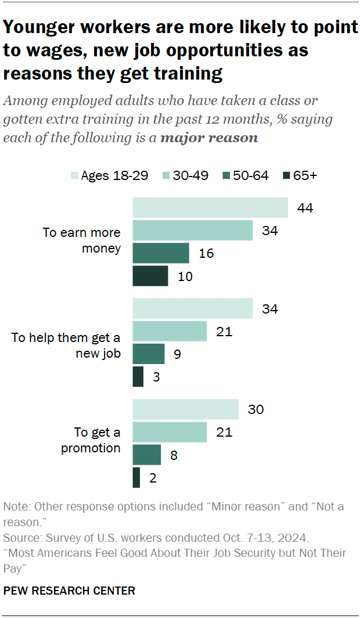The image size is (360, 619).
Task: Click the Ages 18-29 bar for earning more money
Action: point(210,208)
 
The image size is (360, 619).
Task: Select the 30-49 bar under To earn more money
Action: point(193,231)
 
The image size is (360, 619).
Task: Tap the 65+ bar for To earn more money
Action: point(150,276)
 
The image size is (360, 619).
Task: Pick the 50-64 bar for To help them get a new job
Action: point(149,354)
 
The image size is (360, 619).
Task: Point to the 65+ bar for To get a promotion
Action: point(136,477)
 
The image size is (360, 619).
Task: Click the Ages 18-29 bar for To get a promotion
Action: point(185,409)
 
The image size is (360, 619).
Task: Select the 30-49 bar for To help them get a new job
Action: point(170,331)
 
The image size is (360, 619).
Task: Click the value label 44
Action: point(305,208)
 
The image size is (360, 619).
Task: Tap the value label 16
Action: point(207,253)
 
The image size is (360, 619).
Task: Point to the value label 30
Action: point(255,409)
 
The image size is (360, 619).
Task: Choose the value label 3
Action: point(156,376)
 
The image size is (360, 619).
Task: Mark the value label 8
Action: point(174,455)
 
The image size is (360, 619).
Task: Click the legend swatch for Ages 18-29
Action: point(74,175)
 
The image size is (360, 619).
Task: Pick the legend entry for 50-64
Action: point(244,175)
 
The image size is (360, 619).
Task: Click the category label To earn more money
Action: point(81,240)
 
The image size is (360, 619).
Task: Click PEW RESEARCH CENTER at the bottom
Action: point(69,591)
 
